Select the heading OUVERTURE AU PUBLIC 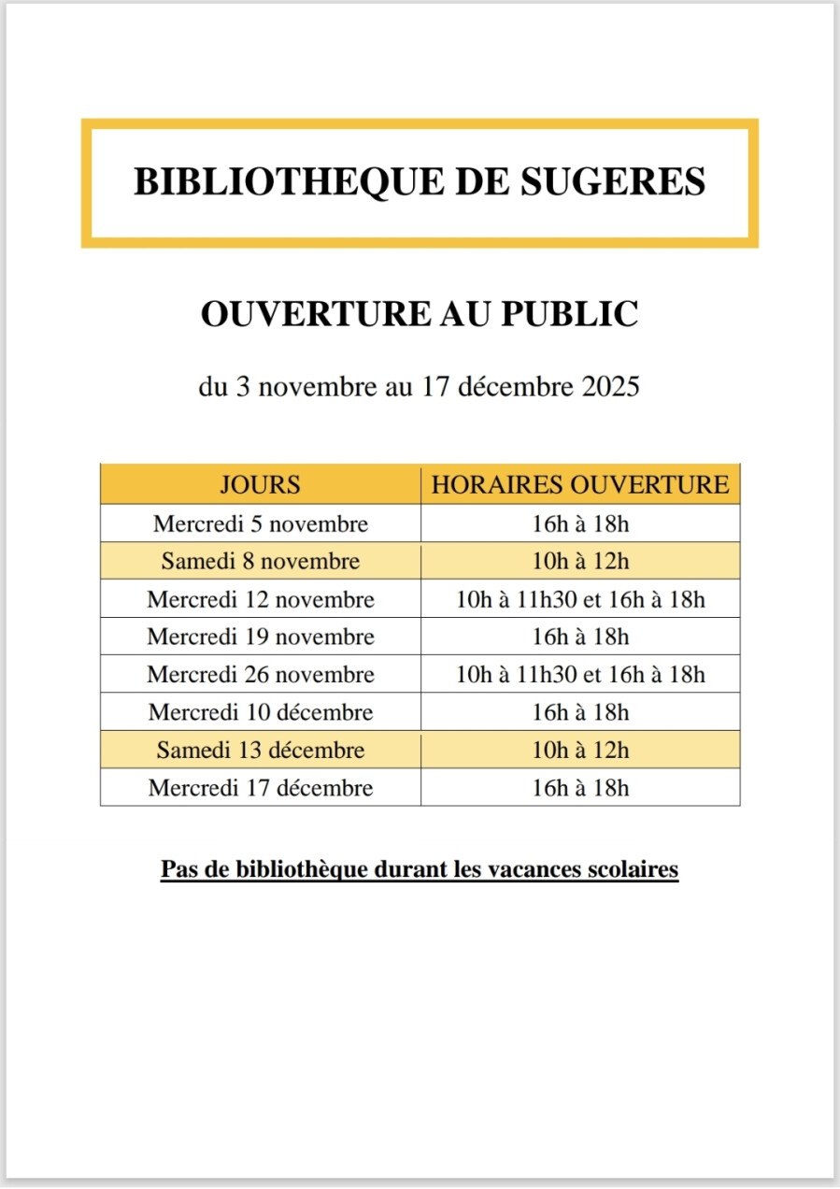pyautogui.click(x=420, y=314)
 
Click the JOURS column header pyautogui.click(x=260, y=485)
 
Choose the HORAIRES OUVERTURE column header pyautogui.click(x=580, y=485)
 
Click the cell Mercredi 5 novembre pyautogui.click(x=261, y=524)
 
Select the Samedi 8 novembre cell pyautogui.click(x=261, y=562)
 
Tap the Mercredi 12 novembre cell pyautogui.click(x=261, y=599)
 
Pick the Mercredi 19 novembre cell pyautogui.click(x=261, y=637)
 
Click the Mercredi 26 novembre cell pyautogui.click(x=261, y=675)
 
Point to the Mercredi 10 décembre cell pyautogui.click(x=261, y=712)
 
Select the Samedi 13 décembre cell pyautogui.click(x=261, y=751)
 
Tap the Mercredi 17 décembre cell pyautogui.click(x=261, y=788)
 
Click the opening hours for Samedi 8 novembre pyautogui.click(x=580, y=562)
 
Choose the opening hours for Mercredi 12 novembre pyautogui.click(x=580, y=599)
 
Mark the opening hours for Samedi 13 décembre pyautogui.click(x=580, y=751)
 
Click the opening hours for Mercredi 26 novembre pyautogui.click(x=580, y=675)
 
